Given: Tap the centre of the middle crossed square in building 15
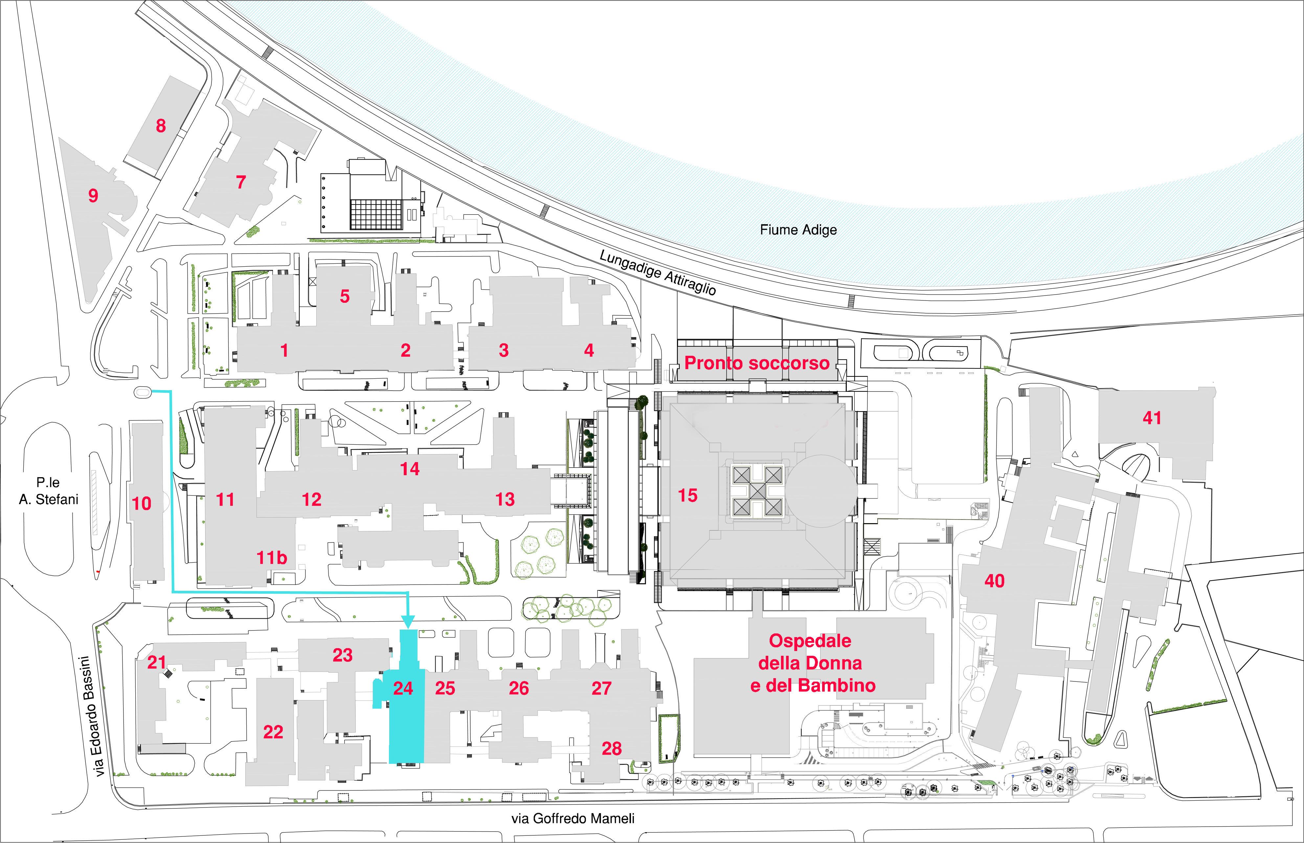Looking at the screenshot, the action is (x=758, y=491).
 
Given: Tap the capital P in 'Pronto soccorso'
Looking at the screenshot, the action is (x=691, y=363).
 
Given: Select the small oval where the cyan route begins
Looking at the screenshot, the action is (x=142, y=392).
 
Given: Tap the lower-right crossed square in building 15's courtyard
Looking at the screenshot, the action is (x=774, y=507).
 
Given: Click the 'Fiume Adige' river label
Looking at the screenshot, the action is (x=798, y=230).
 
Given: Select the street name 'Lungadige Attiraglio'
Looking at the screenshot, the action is (x=658, y=272).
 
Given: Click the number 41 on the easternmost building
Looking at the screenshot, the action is (x=1152, y=418).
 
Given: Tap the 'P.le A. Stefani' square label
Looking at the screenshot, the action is (x=49, y=491).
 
